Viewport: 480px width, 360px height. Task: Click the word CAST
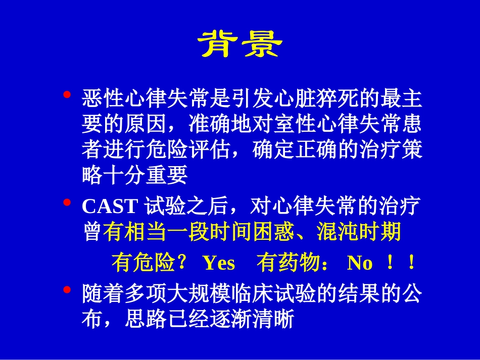click(110, 207)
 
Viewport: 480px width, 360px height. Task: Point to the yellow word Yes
click(218, 263)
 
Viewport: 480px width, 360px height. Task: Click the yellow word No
click(360, 263)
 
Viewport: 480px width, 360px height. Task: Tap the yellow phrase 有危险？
click(150, 263)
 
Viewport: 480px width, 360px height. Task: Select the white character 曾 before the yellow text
click(92, 232)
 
